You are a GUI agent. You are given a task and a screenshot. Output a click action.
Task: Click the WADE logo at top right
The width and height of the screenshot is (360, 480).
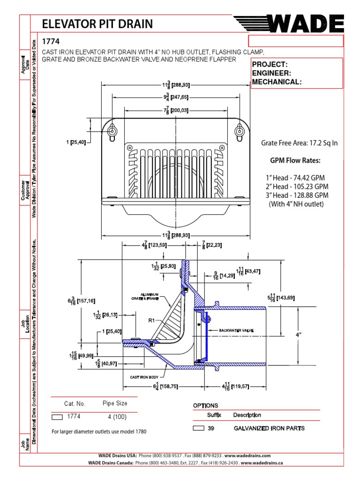[289, 23]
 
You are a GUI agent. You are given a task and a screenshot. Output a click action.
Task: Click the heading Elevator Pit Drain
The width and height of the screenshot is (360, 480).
[97, 24]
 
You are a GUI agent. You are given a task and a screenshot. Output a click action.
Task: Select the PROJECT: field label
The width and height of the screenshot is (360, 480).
[270, 64]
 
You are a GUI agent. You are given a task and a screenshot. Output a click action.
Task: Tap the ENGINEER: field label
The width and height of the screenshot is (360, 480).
[272, 73]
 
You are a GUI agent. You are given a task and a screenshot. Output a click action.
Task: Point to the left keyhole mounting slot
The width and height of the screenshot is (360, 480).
[113, 132]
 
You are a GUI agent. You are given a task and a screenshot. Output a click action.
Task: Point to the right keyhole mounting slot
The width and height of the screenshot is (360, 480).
[240, 132]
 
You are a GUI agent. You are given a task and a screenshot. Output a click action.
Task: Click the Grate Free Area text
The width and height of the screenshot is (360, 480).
[299, 143]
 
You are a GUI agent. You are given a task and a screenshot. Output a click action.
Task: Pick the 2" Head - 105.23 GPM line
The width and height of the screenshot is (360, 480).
[296, 187]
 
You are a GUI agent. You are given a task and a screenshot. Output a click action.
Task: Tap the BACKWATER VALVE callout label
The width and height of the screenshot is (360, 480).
[237, 330]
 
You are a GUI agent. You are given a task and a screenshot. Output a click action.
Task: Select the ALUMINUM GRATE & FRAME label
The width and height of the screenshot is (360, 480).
[146, 296]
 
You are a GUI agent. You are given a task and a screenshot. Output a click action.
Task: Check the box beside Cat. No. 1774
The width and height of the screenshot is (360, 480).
[57, 417]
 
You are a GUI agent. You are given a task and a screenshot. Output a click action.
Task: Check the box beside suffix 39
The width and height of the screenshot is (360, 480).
[199, 428]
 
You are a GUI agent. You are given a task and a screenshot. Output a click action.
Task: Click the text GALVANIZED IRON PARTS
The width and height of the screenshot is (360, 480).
[269, 428]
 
